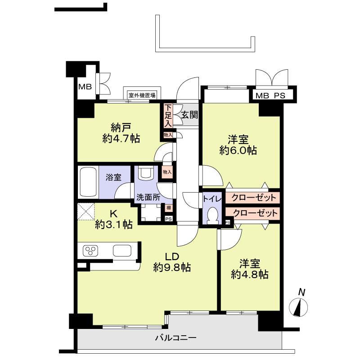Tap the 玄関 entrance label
tap(189, 115)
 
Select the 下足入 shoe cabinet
tap(168, 116)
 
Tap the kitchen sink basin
tap(122, 250)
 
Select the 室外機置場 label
tap(142, 95)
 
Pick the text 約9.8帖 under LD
tap(171, 268)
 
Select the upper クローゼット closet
tap(253, 198)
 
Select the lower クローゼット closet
tap(253, 213)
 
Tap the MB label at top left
tap(85, 86)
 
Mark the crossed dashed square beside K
tap(86, 211)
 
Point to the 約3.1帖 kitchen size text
tap(113, 224)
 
